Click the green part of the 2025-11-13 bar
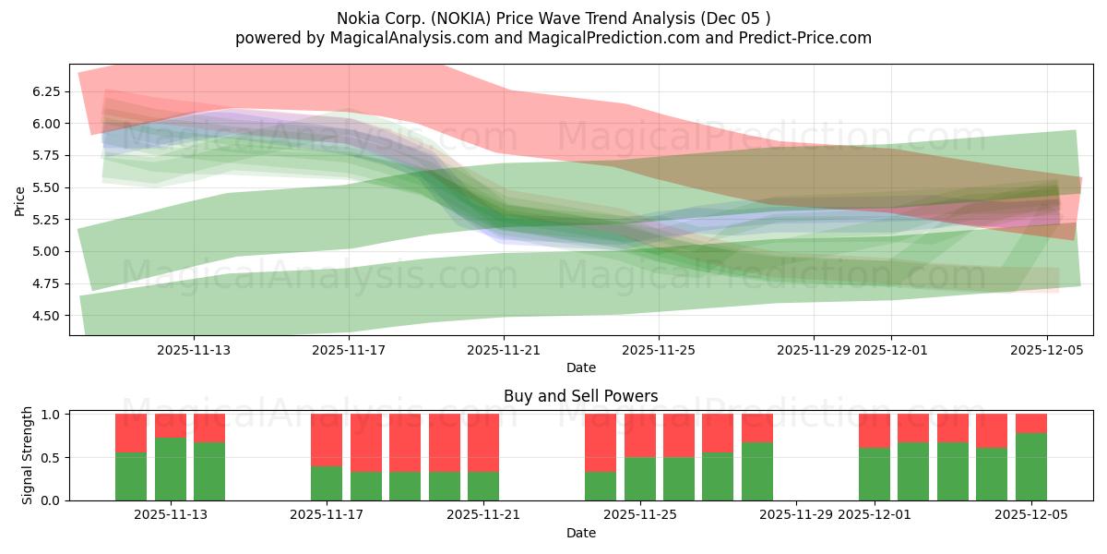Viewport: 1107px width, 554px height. pyautogui.click(x=170, y=469)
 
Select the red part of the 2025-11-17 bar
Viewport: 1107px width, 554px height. pyautogui.click(x=327, y=440)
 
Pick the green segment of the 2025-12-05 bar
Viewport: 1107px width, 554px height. pyautogui.click(x=1031, y=466)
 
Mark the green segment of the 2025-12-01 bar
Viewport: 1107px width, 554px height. pyautogui.click(x=875, y=474)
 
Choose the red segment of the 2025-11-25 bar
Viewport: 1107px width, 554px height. pyautogui.click(x=640, y=435)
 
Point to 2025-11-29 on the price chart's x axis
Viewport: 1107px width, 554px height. pyautogui.click(x=813, y=351)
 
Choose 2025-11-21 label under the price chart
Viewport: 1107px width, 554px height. pyautogui.click(x=503, y=351)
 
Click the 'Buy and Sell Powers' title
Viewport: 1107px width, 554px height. pyautogui.click(x=581, y=396)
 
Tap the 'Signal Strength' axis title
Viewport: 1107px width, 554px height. pyautogui.click(x=28, y=455)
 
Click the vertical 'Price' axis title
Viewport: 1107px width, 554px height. pyautogui.click(x=20, y=199)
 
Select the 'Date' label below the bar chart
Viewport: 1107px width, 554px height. pyautogui.click(x=581, y=533)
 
